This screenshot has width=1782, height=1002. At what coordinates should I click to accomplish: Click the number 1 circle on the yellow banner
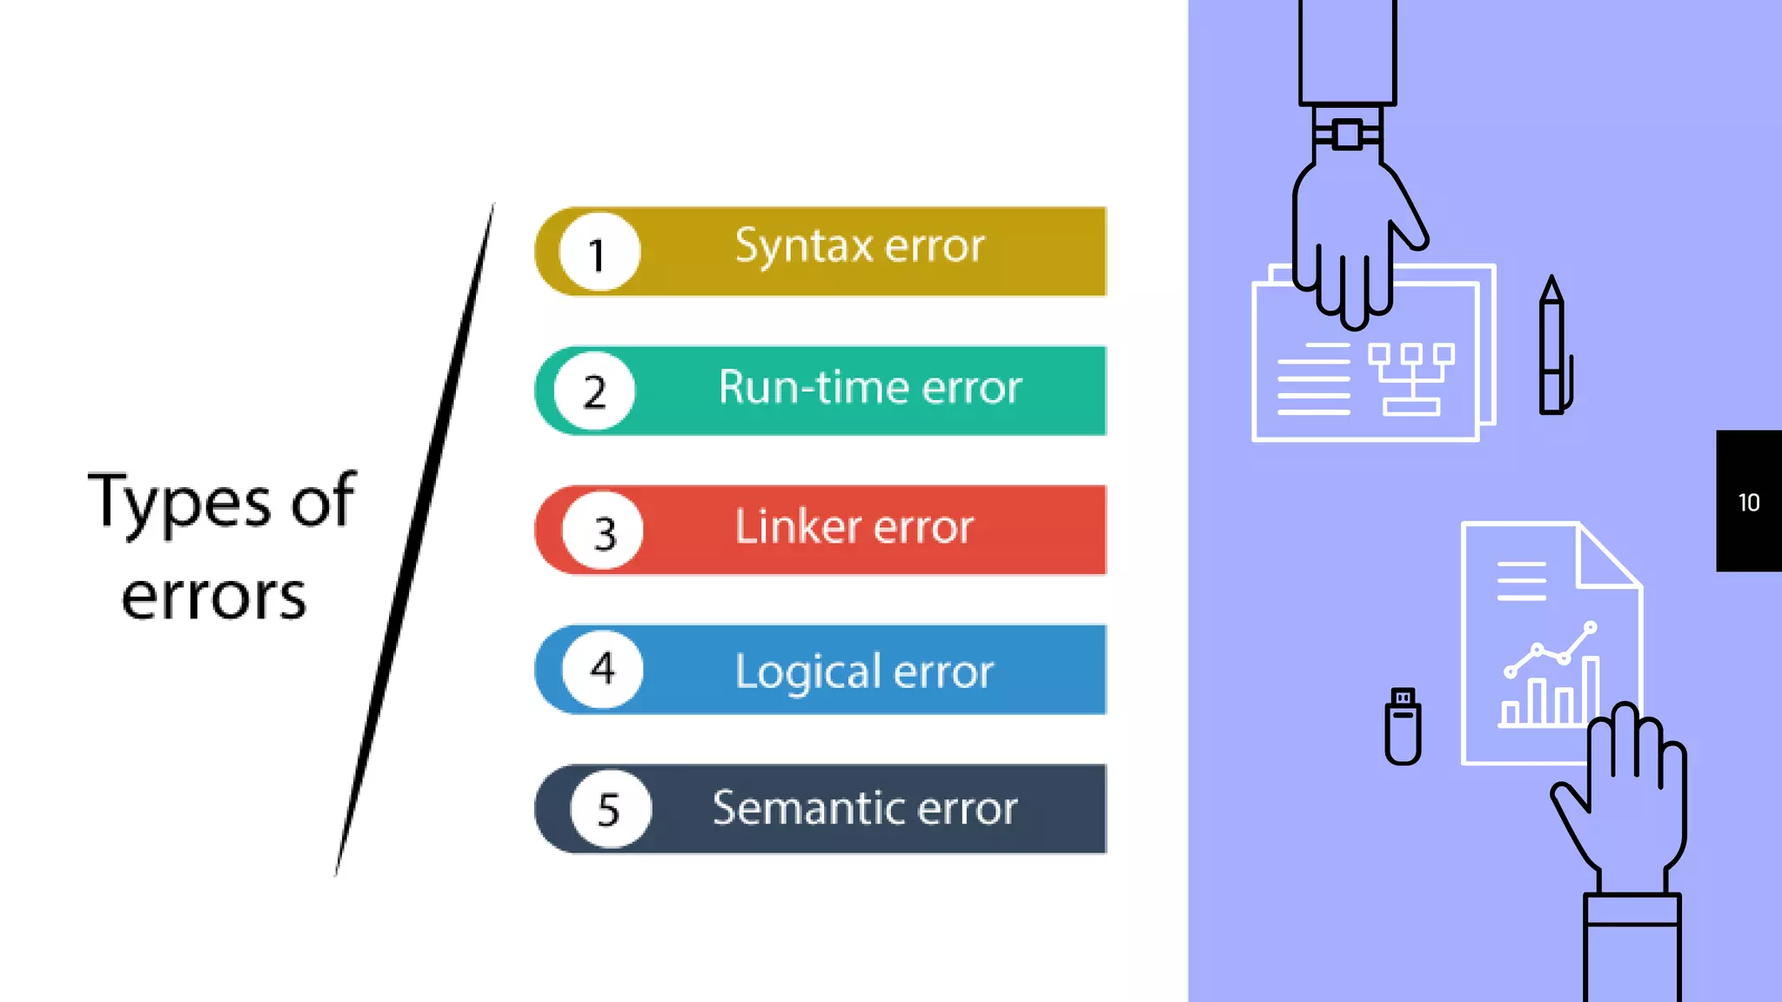click(600, 252)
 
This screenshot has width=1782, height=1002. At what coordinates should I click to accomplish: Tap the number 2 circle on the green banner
click(595, 391)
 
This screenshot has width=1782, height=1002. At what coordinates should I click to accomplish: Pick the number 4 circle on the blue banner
click(602, 669)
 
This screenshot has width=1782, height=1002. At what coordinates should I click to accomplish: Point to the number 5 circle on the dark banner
click(610, 809)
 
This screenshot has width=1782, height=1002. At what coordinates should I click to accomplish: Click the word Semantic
click(809, 808)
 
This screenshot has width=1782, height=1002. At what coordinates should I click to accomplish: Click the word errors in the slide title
click(214, 598)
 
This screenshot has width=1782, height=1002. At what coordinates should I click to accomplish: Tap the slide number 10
click(1748, 503)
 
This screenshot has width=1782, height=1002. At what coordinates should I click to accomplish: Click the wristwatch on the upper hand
click(1347, 135)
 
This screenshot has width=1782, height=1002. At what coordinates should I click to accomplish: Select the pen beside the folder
click(1552, 348)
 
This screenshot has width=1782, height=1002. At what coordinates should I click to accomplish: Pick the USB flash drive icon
click(1403, 726)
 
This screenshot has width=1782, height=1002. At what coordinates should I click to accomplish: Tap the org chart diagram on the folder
click(1410, 377)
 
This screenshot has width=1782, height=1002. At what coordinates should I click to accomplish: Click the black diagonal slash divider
click(416, 539)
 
